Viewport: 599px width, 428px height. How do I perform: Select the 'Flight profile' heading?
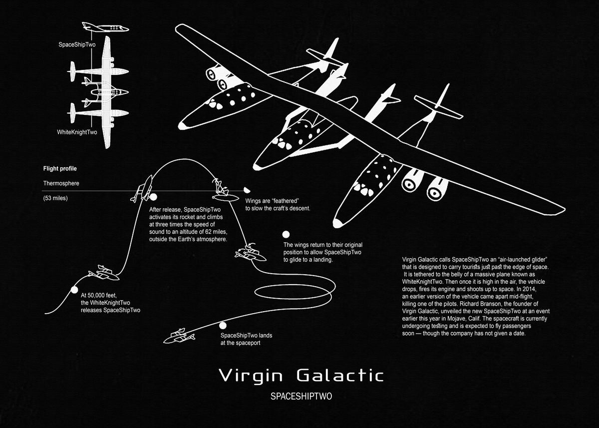[x=60, y=169]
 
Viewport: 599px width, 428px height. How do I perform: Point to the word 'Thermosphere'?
[x=61, y=183]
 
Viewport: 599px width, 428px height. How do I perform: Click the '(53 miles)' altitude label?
[x=56, y=198]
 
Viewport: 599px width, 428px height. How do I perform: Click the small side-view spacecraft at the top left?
[x=103, y=27]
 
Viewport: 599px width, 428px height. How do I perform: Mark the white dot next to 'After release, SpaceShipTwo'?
[x=153, y=197]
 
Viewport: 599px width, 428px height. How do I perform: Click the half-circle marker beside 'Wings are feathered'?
[x=247, y=190]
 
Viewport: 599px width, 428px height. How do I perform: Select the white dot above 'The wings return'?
[x=286, y=234]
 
